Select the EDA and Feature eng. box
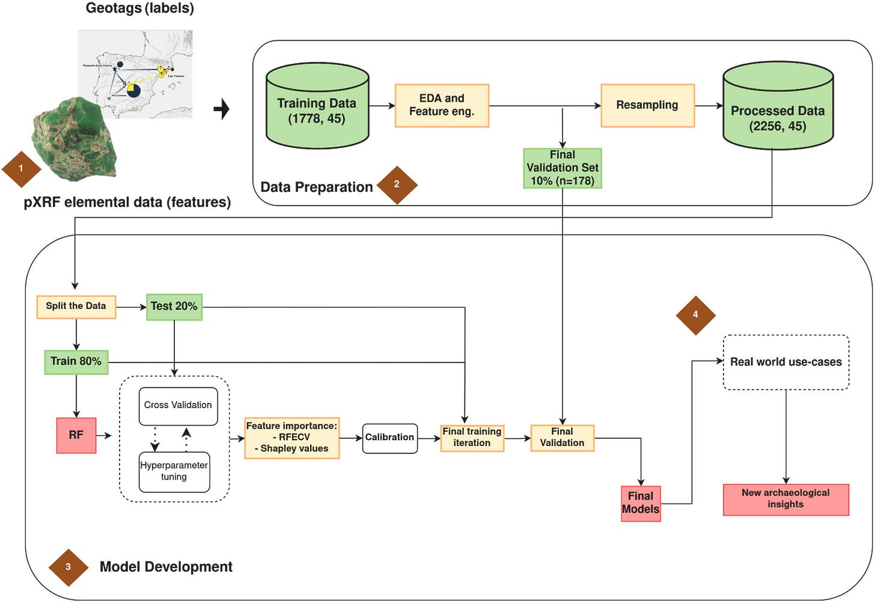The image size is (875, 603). pyautogui.click(x=442, y=105)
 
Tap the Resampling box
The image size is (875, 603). pyautogui.click(x=647, y=105)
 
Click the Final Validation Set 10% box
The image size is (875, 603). pyautogui.click(x=562, y=168)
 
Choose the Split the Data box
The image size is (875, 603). pyautogui.click(x=76, y=307)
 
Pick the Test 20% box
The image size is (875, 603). pyautogui.click(x=174, y=307)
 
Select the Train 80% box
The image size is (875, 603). pyautogui.click(x=76, y=362)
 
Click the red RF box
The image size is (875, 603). pyautogui.click(x=76, y=435)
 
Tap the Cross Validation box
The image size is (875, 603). pyautogui.click(x=178, y=406)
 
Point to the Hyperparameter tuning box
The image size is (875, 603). pyautogui.click(x=174, y=472)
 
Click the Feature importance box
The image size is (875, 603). pyautogui.click(x=292, y=438)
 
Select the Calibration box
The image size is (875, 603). pyautogui.click(x=389, y=438)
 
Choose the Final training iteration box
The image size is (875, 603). pyautogui.click(x=472, y=438)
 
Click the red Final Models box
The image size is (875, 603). pyautogui.click(x=641, y=503)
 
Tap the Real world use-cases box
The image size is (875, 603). pyautogui.click(x=785, y=363)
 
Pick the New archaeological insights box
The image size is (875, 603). pyautogui.click(x=785, y=500)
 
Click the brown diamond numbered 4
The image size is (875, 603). pyautogui.click(x=695, y=315)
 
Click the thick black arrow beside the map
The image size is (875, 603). pyautogui.click(x=222, y=109)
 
